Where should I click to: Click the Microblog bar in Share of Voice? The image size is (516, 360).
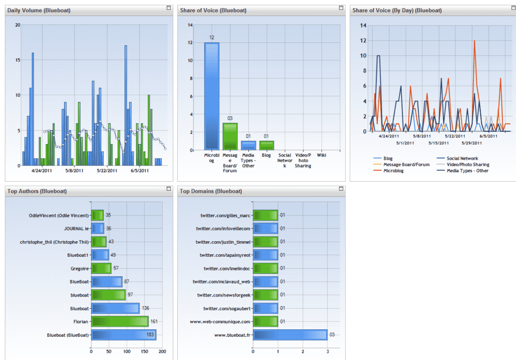pos(212,96)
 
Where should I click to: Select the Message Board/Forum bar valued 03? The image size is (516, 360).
pos(230,136)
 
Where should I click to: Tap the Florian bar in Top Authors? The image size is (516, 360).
pos(120,322)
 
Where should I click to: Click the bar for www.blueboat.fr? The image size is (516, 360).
pos(290,335)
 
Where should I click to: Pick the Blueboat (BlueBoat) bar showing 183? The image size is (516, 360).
pos(124,335)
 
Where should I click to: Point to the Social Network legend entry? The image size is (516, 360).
pos(458,159)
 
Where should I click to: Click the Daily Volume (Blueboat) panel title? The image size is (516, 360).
pos(39,10)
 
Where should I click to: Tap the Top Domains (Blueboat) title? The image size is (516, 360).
pos(211,191)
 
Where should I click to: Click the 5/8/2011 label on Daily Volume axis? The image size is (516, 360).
pos(75,171)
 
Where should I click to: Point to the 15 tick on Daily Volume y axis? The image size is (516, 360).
pos(18,60)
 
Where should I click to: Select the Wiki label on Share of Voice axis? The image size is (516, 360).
pos(321,155)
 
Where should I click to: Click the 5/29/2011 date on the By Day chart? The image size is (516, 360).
pos(472,143)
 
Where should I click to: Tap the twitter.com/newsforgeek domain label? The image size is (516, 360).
pos(224,295)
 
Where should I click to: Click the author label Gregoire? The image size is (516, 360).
pos(80,268)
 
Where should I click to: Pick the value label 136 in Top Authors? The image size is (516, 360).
pos(146,308)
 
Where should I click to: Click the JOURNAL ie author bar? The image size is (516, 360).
pos(98,229)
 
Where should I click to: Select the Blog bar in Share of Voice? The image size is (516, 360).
pos(267,146)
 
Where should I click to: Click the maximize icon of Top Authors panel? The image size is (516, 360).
pos(169,189)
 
